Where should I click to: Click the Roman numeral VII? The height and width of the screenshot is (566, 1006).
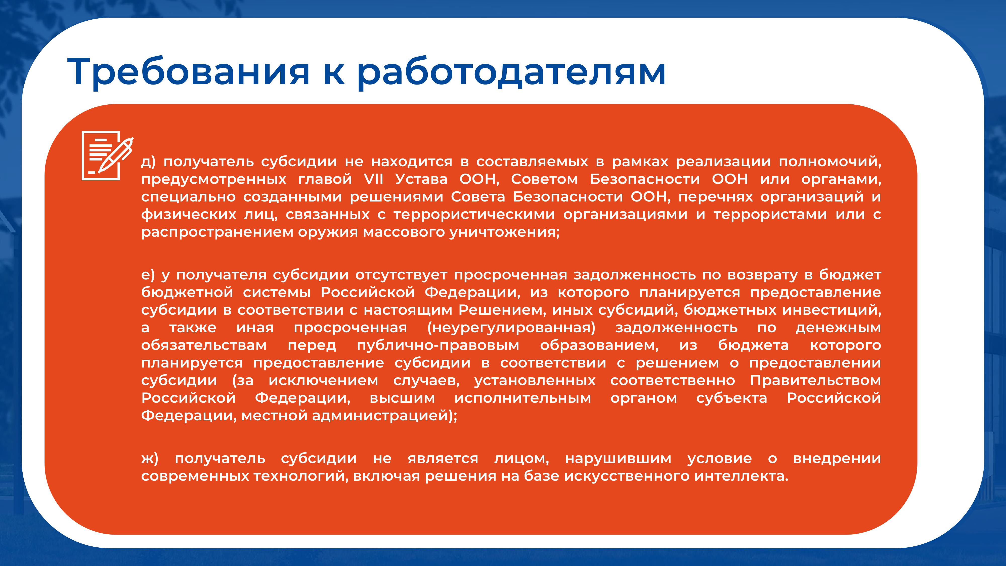click(373, 179)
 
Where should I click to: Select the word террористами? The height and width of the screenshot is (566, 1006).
click(770, 214)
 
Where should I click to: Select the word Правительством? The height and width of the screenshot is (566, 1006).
click(815, 380)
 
